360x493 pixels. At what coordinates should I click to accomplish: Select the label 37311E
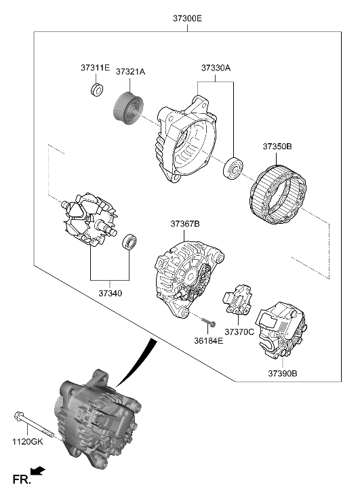[96, 68]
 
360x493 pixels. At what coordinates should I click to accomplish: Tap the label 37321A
[130, 71]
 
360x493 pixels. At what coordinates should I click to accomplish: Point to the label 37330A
[216, 68]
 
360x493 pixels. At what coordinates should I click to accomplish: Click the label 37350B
[277, 146]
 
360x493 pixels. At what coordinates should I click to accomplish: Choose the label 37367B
[186, 223]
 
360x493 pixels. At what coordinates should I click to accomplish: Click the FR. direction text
[22, 481]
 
